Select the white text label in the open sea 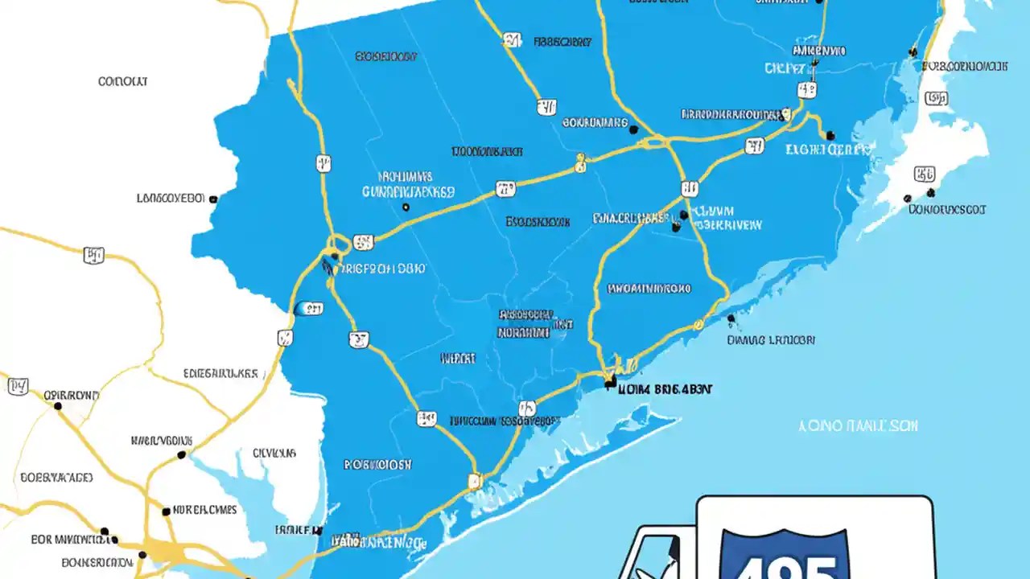coord(858,425)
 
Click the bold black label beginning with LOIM coord(665,388)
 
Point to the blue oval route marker coord(308,309)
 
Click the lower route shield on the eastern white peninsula coord(925,174)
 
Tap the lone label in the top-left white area coord(122,81)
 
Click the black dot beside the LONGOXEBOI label coord(212,199)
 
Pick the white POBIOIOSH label coord(378,464)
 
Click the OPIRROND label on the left coord(71,396)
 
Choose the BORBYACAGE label coord(56,477)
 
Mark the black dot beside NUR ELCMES coord(166,511)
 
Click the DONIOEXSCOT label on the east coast coord(947,209)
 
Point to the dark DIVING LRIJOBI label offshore coord(771,340)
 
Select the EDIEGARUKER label coord(220,373)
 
